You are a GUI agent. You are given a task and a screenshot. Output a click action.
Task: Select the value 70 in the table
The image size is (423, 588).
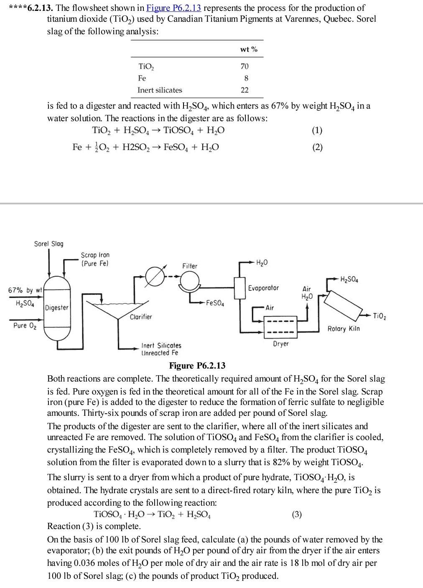245,66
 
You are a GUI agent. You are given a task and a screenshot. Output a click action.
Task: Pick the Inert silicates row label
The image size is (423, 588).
160,90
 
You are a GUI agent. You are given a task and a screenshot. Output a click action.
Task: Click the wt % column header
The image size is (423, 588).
249,49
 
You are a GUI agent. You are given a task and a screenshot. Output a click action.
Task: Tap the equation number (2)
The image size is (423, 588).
317,147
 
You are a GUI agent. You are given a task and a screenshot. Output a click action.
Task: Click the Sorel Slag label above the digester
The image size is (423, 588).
48,244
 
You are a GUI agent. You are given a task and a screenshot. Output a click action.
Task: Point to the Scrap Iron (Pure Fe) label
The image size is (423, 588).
95,259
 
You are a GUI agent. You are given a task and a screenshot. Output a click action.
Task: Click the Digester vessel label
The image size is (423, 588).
57,308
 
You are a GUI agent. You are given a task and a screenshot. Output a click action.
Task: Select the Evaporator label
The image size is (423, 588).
263,288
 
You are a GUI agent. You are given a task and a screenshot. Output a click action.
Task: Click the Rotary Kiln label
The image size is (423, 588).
343,329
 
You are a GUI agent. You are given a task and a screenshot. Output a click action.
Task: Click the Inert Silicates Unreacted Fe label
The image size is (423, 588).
161,349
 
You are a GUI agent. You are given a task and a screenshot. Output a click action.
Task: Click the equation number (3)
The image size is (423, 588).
296,514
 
